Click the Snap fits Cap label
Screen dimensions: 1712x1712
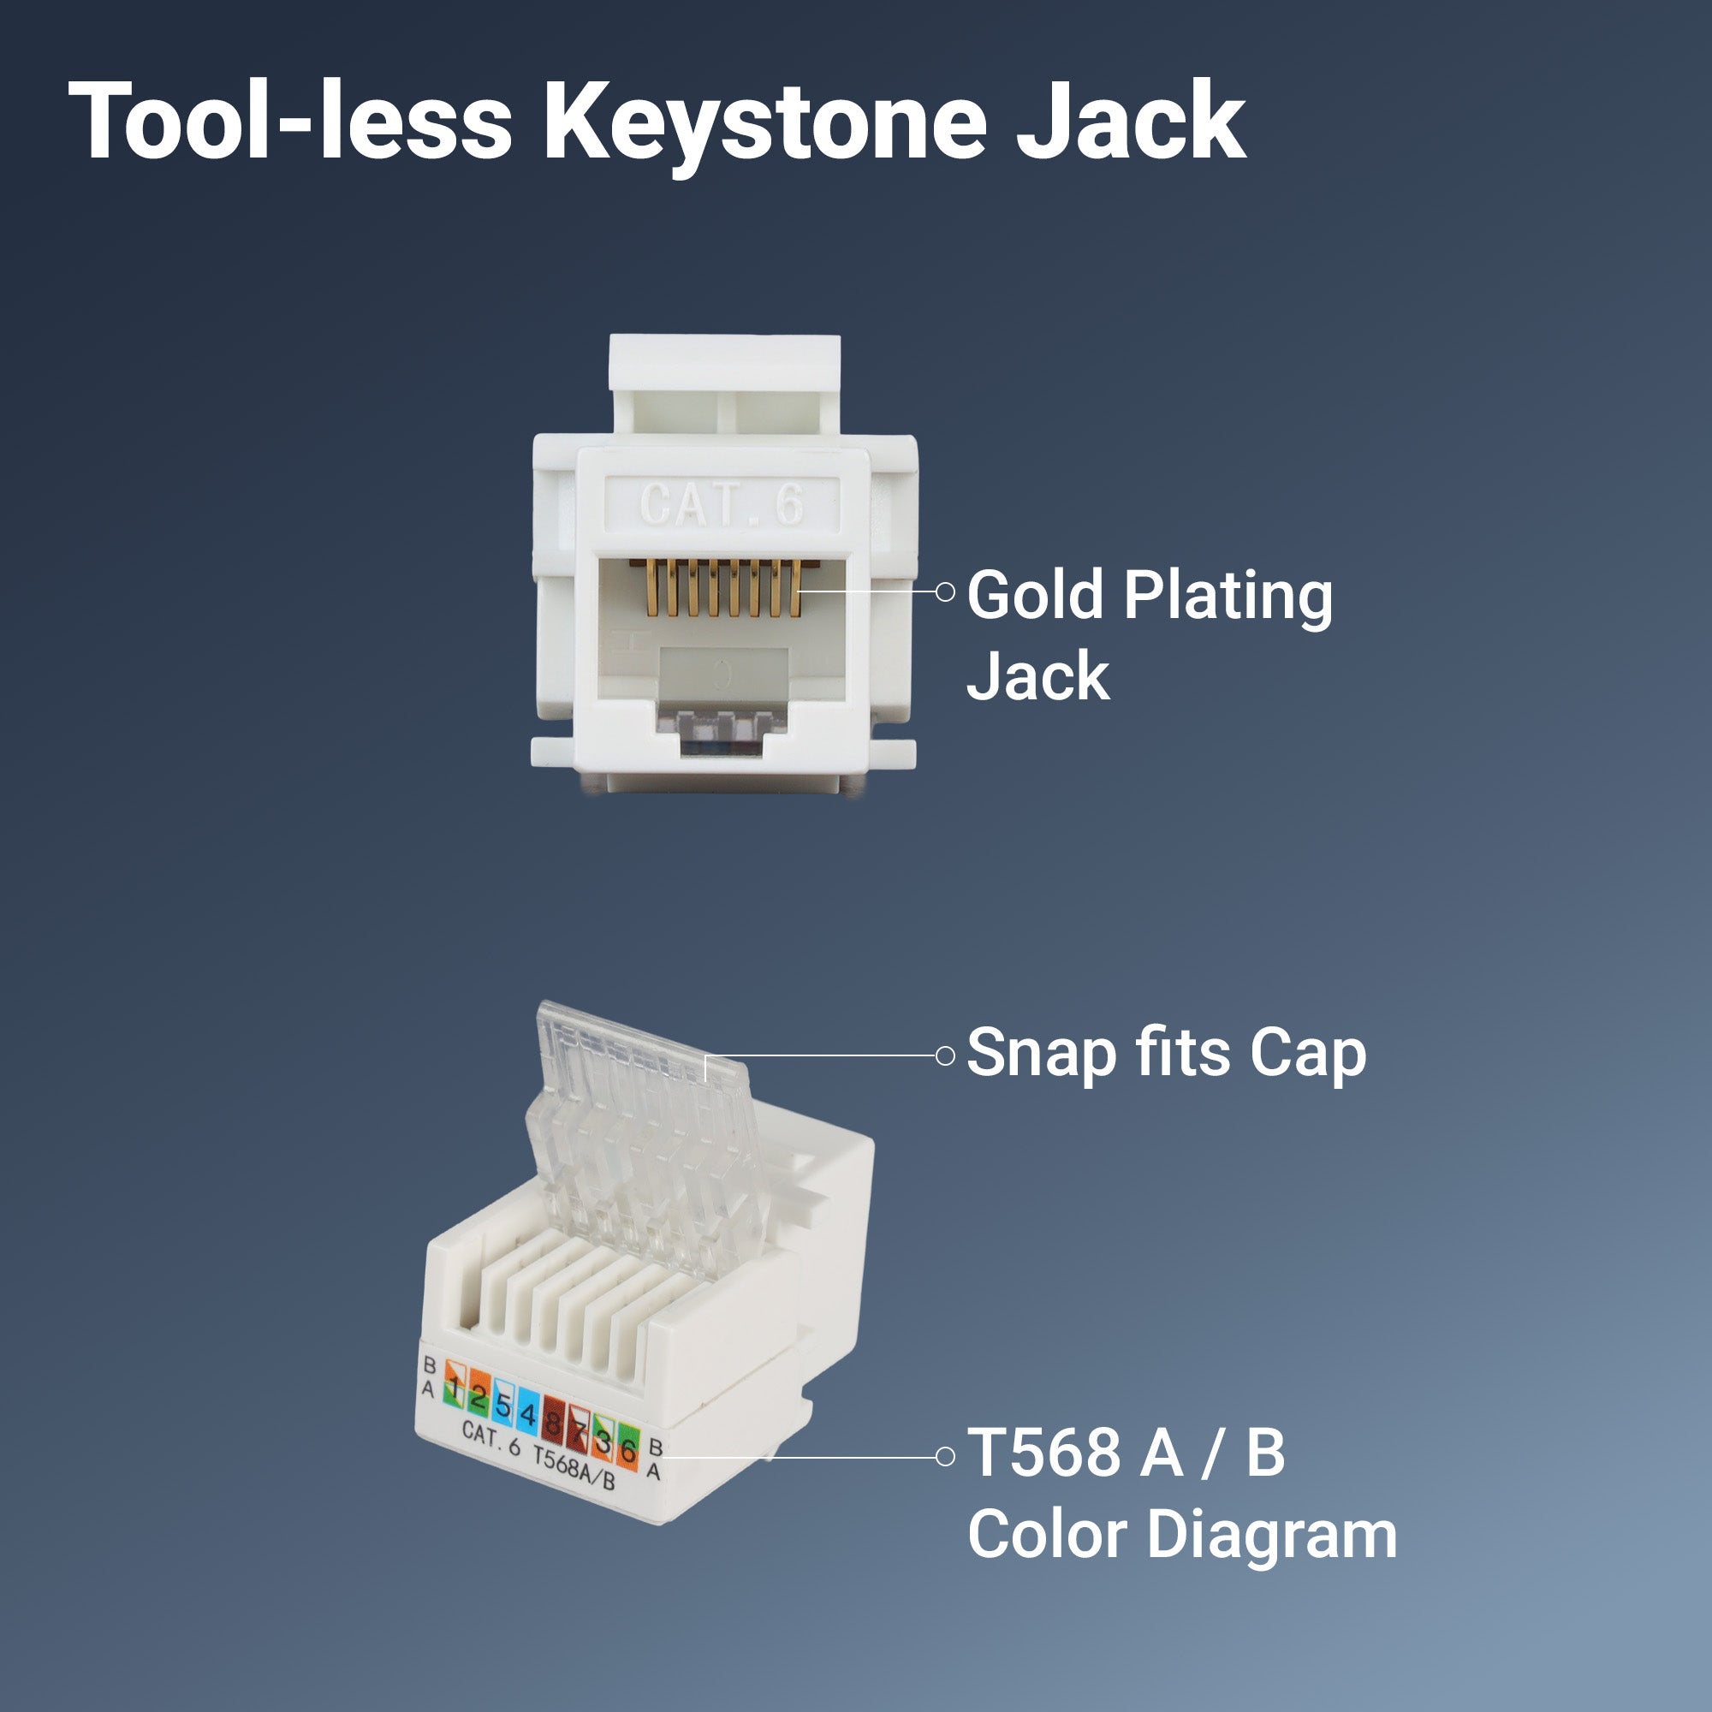pyautogui.click(x=1165, y=1054)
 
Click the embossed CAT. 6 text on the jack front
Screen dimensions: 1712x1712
pyautogui.click(x=722, y=505)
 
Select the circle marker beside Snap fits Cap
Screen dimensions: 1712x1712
pyautogui.click(x=946, y=1055)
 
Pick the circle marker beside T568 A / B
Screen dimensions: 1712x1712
pyautogui.click(x=946, y=1457)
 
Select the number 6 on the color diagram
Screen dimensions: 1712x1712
pyautogui.click(x=627, y=1452)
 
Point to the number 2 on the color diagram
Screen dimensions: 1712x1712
pyautogui.click(x=479, y=1398)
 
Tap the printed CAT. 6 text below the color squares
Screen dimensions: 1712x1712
pyautogui.click(x=490, y=1437)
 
